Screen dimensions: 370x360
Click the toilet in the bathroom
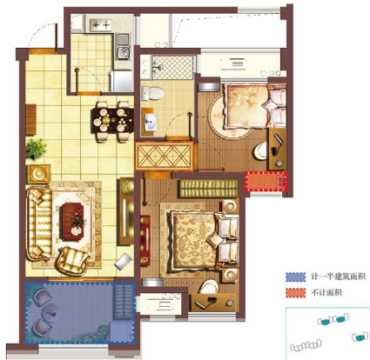point(152,93)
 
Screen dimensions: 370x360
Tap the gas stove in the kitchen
point(100,25)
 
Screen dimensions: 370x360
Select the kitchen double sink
point(124,46)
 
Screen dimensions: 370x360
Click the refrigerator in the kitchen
point(121,81)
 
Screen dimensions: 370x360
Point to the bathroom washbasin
point(150,122)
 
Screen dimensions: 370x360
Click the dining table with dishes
point(112,120)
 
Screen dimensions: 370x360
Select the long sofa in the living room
point(39,223)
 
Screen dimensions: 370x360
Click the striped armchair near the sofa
point(72,261)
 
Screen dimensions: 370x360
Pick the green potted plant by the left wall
point(36,149)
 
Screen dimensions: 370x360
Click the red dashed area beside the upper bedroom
point(266,181)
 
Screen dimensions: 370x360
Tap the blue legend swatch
point(295,277)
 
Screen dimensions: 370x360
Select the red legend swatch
point(295,293)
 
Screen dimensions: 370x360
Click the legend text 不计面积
point(326,293)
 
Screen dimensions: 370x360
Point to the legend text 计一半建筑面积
point(338,277)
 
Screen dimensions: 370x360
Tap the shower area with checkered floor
point(172,67)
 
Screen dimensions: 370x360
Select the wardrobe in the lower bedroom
point(208,189)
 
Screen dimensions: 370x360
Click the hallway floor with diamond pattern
point(165,157)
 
